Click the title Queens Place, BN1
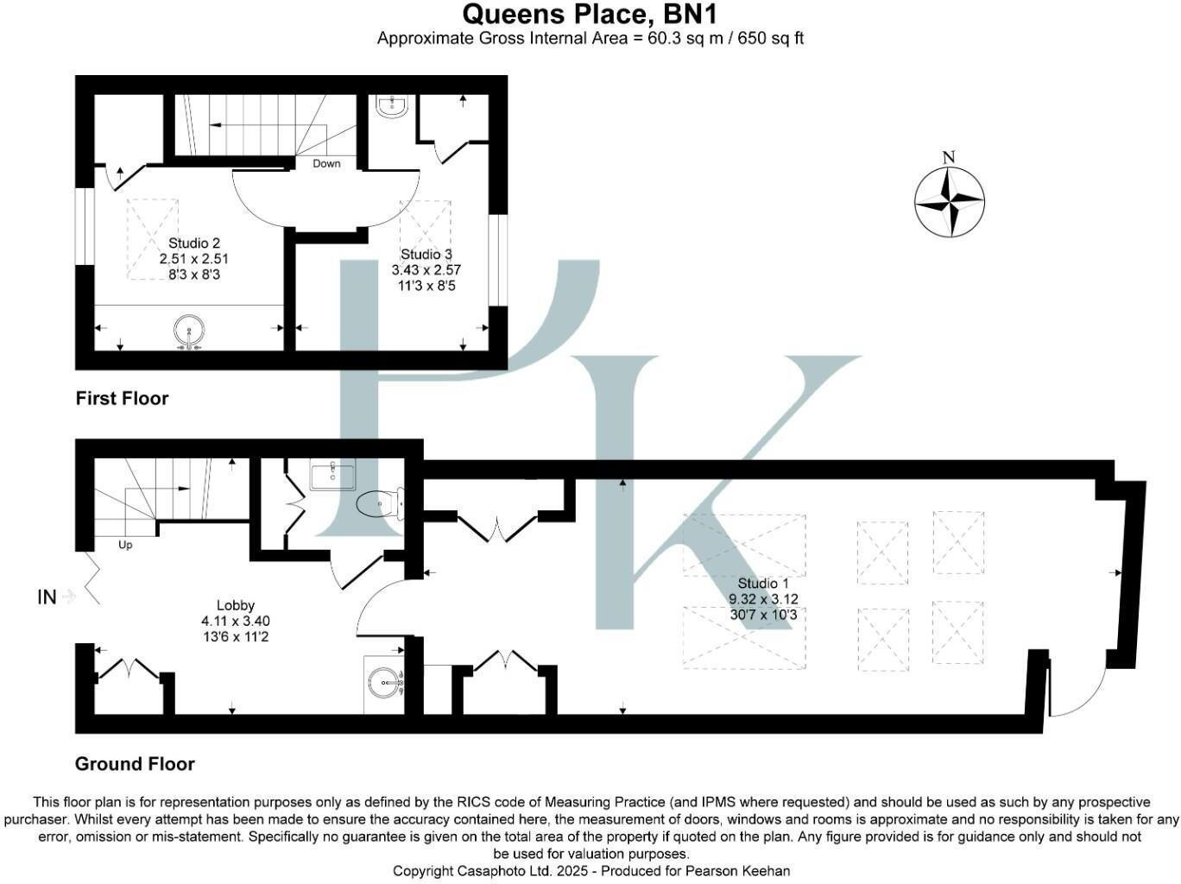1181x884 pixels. [590, 15]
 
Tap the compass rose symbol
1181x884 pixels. [949, 203]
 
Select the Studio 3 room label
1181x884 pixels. [426, 254]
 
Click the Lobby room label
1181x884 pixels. [235, 605]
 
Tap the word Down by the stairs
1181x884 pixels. [326, 163]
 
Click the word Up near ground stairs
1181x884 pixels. [125, 545]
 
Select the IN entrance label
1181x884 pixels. [47, 597]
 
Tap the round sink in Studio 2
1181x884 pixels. [189, 331]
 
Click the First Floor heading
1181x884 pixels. [122, 398]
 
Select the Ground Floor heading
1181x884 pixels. [135, 764]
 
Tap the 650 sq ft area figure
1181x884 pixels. [770, 38]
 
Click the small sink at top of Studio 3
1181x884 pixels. [392, 107]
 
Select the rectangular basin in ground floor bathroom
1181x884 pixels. [332, 476]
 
